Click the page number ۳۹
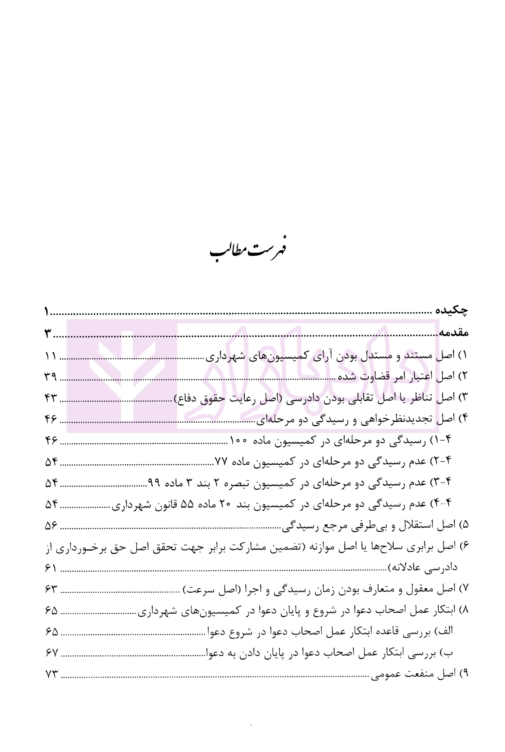point(51,377)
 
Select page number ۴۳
point(51,398)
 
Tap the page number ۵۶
point(51,525)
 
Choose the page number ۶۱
point(51,569)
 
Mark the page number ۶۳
point(51,590)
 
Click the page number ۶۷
point(51,653)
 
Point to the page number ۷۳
point(51,674)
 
